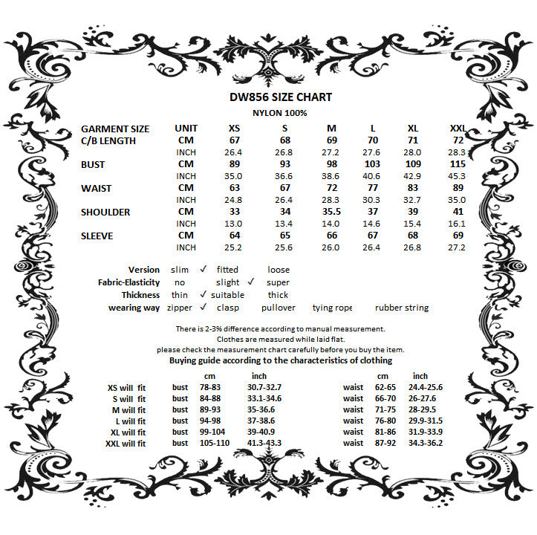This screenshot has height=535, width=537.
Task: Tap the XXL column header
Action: pos(458,129)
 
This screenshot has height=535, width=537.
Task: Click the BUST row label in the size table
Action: pos(93,164)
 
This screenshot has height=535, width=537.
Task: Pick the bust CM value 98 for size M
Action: pos(332,164)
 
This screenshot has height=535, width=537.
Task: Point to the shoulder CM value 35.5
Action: pos(332,212)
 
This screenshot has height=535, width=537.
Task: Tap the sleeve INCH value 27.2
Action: pos(458,247)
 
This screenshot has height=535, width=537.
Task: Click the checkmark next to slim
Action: pos(203,270)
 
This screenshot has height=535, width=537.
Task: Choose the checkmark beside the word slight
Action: pos(251,282)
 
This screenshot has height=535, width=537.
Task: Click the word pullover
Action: pos(279,308)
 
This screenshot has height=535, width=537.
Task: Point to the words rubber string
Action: pos(402,308)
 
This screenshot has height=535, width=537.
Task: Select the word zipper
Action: pos(180,308)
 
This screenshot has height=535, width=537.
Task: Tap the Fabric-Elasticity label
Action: pos(128,282)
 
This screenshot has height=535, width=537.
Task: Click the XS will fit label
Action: pos(127,387)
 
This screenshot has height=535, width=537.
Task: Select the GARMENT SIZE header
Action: pos(115,129)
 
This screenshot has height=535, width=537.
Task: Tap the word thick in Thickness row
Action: pos(278,295)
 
